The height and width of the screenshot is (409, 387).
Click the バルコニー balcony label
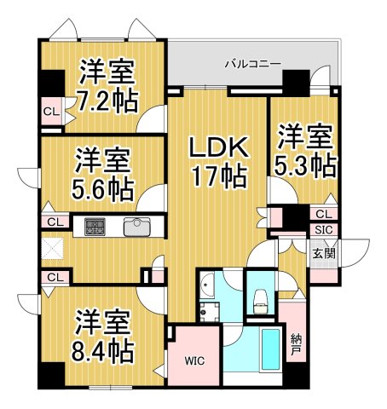point(253,63)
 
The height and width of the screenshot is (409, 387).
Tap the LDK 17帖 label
point(218,163)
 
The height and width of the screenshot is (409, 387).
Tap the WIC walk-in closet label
point(196,360)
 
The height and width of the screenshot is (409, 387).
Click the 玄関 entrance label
point(323,253)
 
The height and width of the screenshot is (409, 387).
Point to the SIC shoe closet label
point(323,229)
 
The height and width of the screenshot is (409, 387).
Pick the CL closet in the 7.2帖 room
point(50,110)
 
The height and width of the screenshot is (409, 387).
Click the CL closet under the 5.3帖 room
point(323,214)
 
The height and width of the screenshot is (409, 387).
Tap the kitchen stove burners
point(95,227)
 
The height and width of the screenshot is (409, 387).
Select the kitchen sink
point(136,228)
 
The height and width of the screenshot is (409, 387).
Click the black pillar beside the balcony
point(295,84)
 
